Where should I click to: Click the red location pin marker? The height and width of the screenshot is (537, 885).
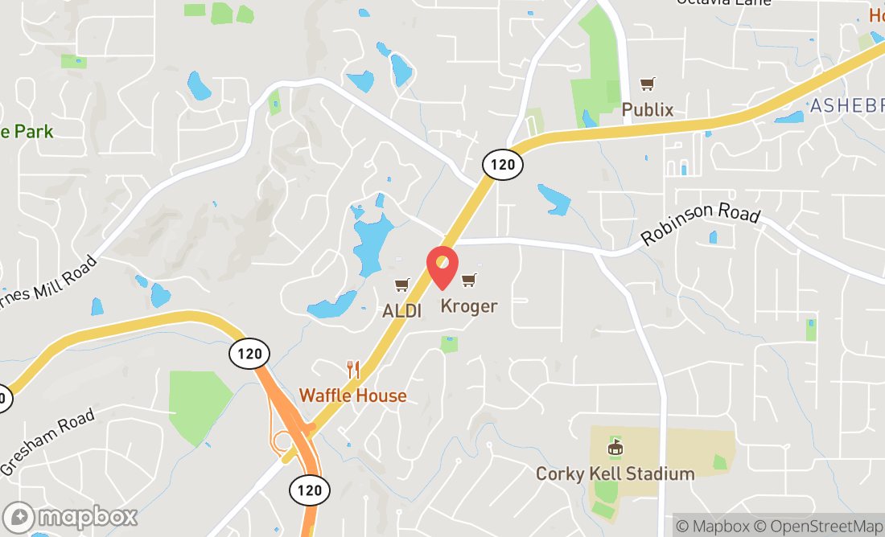[x=442, y=268]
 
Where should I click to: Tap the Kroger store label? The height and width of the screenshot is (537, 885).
[x=468, y=306]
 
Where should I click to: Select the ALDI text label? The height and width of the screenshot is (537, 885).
[x=402, y=311]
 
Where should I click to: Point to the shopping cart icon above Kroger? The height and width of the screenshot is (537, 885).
[x=468, y=280]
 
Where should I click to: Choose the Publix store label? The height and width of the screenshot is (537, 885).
[x=648, y=110]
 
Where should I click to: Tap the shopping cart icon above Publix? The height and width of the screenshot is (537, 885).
[x=647, y=84]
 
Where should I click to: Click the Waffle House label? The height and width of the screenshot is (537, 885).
[x=352, y=396]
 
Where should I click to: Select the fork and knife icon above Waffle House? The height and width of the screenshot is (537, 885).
[x=352, y=370]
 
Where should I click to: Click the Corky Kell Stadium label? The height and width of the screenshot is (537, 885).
[x=615, y=473]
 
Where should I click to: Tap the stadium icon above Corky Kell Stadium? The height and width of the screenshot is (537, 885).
[x=615, y=446]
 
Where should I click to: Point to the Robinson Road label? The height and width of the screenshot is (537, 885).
[x=701, y=225]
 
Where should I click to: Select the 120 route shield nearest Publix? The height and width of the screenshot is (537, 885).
[x=503, y=165]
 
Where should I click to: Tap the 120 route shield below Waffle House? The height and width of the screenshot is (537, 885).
[x=310, y=489]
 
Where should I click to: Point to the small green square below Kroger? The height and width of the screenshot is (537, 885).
[x=450, y=344]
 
